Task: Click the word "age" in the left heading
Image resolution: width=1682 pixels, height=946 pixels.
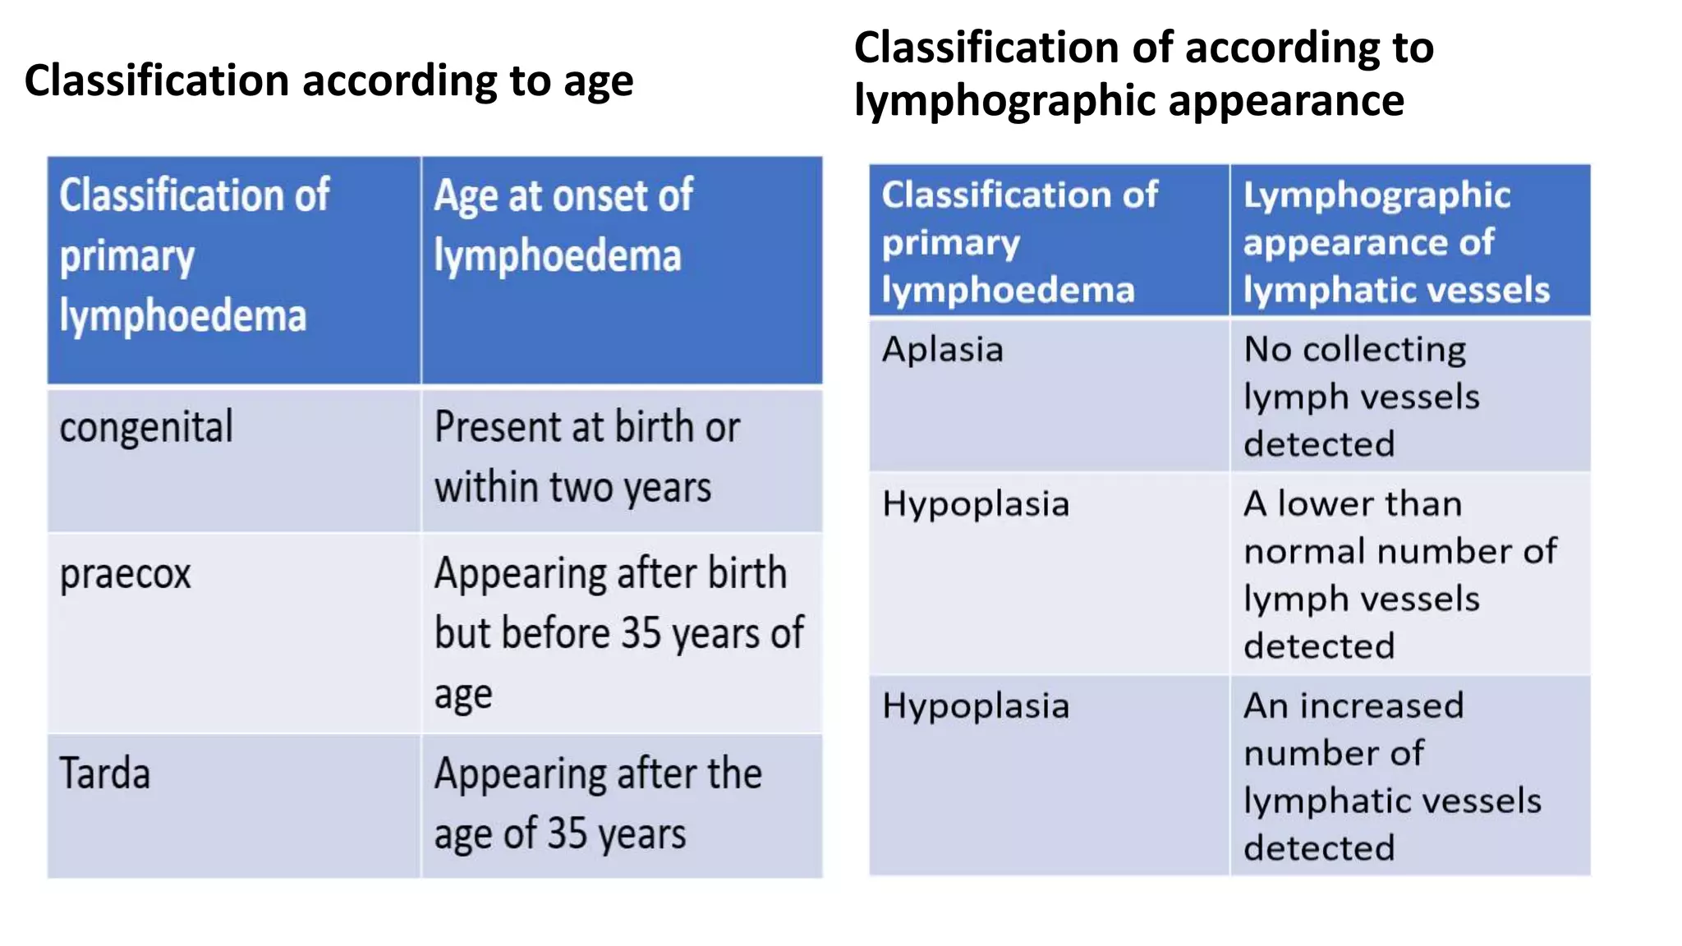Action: click(598, 82)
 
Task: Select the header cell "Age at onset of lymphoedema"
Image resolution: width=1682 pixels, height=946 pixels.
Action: click(621, 269)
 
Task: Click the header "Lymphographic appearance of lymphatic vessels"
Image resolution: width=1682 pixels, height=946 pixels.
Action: click(1409, 241)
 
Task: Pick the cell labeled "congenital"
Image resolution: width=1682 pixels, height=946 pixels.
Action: click(146, 428)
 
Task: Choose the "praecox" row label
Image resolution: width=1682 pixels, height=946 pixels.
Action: click(125, 574)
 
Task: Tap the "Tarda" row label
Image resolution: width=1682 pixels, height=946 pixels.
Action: click(105, 774)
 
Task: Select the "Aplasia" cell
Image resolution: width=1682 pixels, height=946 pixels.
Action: click(942, 350)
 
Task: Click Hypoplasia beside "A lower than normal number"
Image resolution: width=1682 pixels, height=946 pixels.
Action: click(975, 504)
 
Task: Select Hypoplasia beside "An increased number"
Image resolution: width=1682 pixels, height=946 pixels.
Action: click(975, 706)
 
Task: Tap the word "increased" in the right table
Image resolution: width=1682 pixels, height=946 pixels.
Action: click(1381, 706)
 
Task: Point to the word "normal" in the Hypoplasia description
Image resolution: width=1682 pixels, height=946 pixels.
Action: click(1305, 552)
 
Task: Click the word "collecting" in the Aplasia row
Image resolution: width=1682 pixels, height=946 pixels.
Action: click(1384, 351)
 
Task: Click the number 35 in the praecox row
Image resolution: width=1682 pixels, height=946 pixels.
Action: click(641, 634)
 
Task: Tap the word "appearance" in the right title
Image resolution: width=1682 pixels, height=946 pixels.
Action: click(1286, 102)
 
